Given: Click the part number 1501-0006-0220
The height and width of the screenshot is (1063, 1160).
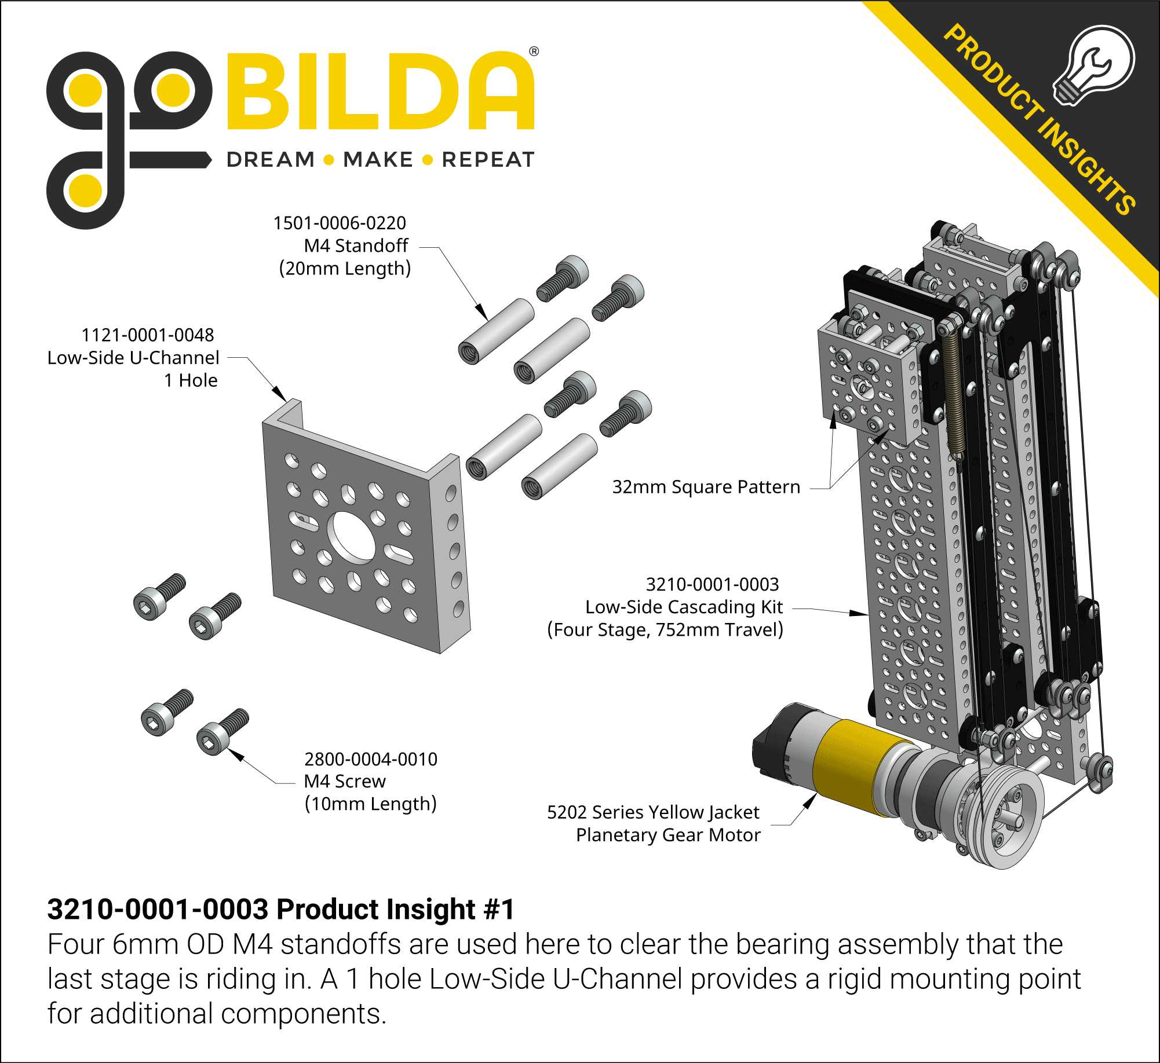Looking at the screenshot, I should pyautogui.click(x=340, y=223).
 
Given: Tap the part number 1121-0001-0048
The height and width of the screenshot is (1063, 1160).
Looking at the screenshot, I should pyautogui.click(x=148, y=335).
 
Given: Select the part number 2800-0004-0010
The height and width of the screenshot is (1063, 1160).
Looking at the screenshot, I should pyautogui.click(x=371, y=759).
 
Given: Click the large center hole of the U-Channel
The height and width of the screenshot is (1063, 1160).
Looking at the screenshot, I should pyautogui.click(x=352, y=537).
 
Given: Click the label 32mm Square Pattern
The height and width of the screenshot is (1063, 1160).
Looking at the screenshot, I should pyautogui.click(x=706, y=487).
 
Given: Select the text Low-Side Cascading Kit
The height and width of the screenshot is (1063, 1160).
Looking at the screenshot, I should pyautogui.click(x=684, y=607).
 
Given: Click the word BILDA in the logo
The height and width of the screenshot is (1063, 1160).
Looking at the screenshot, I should pyautogui.click(x=380, y=91).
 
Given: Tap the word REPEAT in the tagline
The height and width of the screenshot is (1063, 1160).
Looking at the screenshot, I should pyautogui.click(x=488, y=160).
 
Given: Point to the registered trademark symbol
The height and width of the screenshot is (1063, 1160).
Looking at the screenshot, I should pyautogui.click(x=534, y=52).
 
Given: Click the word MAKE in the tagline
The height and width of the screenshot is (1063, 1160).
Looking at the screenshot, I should pyautogui.click(x=378, y=160).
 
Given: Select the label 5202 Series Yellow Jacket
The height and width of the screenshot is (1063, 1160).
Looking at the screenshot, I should pyautogui.click(x=653, y=812).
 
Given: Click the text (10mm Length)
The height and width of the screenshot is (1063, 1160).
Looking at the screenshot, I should pyautogui.click(x=371, y=804).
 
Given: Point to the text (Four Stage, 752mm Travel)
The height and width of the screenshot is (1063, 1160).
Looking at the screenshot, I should pyautogui.click(x=665, y=629).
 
